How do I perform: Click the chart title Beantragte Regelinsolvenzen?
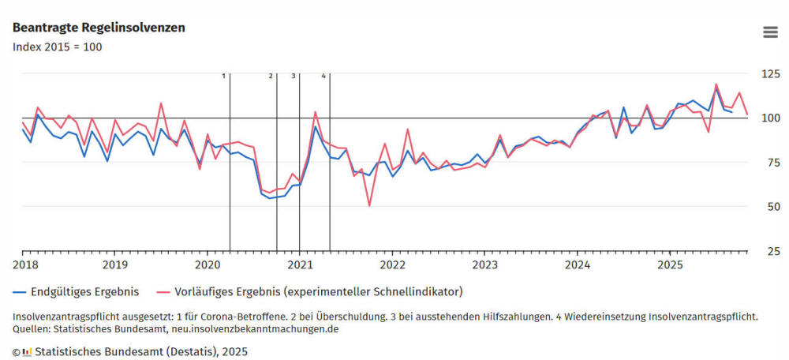pos(99,28)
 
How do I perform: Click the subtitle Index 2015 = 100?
pos(57,47)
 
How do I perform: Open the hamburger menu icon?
pos(770,32)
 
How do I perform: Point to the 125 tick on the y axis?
pos(769,74)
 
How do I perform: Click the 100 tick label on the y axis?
pos(769,118)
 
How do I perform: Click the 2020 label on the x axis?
pos(208,264)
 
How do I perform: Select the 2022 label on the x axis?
pos(392,264)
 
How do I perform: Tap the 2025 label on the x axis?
pos(670,264)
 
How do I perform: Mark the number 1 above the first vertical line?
pos(223,76)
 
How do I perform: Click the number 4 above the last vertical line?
pos(323,76)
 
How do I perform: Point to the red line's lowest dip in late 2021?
pos(369,205)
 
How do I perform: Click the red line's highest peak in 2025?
pos(716,84)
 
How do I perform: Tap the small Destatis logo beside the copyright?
pos(27,351)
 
